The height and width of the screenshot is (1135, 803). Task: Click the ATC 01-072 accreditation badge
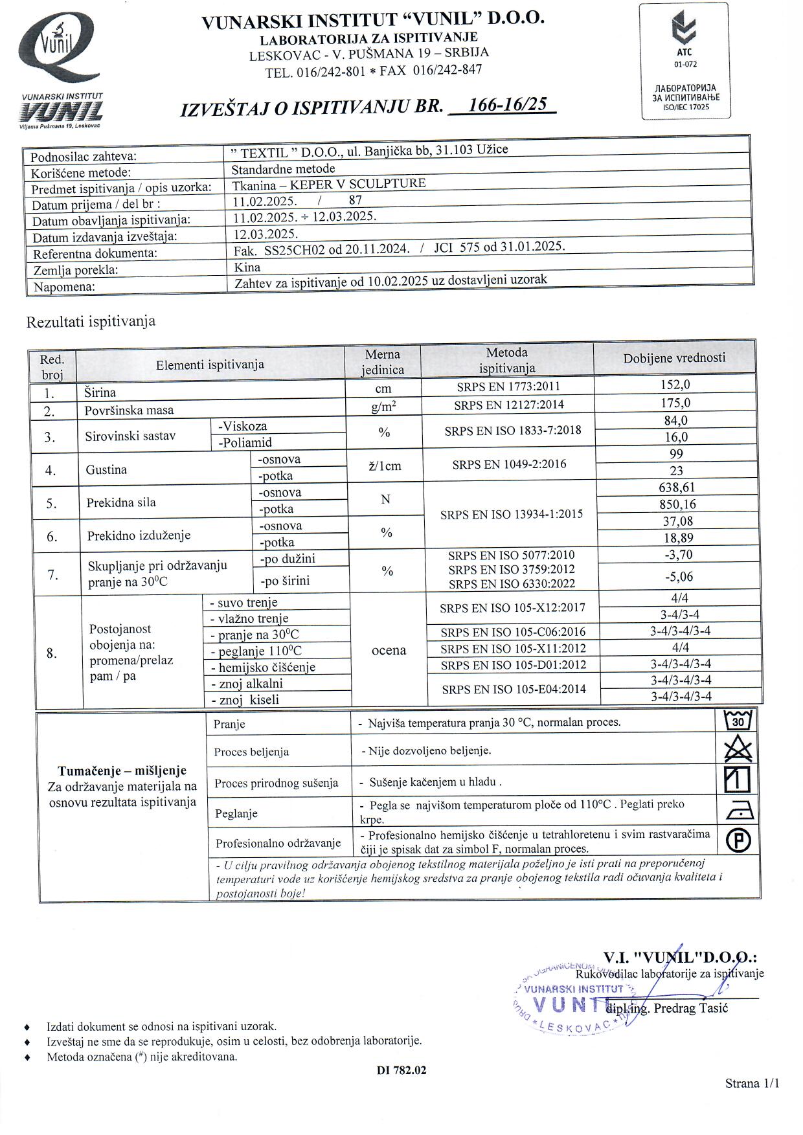[x=685, y=61]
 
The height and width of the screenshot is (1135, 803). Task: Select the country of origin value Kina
[x=247, y=267]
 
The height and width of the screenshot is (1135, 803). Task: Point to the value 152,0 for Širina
[x=675, y=385]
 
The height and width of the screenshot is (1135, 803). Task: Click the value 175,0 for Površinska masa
[x=675, y=403]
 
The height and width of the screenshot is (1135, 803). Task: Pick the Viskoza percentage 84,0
[x=675, y=420]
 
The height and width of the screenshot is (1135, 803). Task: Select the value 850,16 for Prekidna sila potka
[x=676, y=504]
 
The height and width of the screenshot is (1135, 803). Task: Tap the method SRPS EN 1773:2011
[x=508, y=387]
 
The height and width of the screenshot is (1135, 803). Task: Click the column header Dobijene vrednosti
[x=674, y=358]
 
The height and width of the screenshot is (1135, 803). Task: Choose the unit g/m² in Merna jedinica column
[x=383, y=407]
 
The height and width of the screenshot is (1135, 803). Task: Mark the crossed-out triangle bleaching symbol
[x=738, y=750]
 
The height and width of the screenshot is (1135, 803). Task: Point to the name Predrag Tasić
[x=691, y=1008]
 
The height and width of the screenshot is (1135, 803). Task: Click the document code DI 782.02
[x=401, y=1070]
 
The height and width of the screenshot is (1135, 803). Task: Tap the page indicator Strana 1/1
[x=752, y=1083]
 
